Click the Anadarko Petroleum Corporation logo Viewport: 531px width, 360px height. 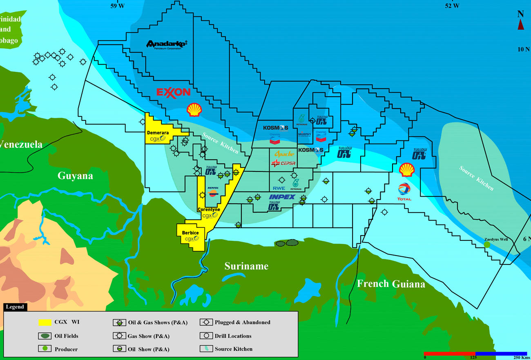click(166, 44)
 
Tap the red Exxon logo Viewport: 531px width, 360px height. click(174, 93)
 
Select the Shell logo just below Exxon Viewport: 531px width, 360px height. click(194, 110)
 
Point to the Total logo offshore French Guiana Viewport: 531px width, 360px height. click(404, 191)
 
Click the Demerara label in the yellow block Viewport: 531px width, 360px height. click(158, 133)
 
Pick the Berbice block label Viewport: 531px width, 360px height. click(190, 233)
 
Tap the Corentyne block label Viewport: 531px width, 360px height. click(209, 209)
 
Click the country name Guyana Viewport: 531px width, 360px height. click(75, 176)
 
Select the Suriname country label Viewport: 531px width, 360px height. click(246, 266)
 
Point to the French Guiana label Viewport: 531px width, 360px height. click(391, 284)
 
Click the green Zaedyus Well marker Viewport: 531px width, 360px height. click(487, 244)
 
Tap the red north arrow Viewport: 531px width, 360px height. click(521, 25)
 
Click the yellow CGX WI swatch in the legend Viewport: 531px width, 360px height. click(47, 322)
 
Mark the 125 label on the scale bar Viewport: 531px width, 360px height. click(474, 358)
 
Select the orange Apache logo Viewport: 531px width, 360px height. click(284, 154)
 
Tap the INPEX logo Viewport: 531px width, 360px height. click(282, 197)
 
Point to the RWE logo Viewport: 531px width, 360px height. click(279, 189)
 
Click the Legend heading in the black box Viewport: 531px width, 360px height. click(15, 307)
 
